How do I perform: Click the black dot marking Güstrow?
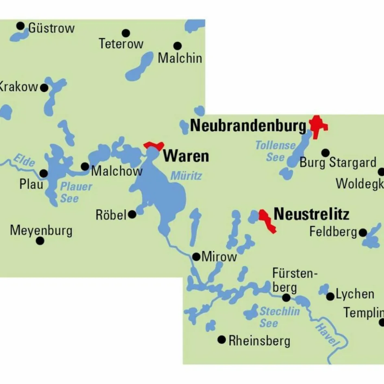(20, 26)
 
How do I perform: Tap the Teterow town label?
(121, 44)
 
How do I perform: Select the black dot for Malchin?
(177, 46)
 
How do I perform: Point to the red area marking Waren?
(154, 145)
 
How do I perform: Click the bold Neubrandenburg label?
(248, 126)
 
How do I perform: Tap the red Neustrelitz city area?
(266, 221)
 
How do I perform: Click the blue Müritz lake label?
(186, 176)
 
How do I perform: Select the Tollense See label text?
(275, 151)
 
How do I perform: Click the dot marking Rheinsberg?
(221, 339)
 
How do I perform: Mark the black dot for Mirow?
(196, 257)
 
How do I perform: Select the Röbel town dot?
(132, 214)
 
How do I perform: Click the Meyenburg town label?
(41, 230)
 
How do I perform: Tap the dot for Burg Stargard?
(325, 153)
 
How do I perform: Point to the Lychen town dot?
(330, 296)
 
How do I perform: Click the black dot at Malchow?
(85, 166)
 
